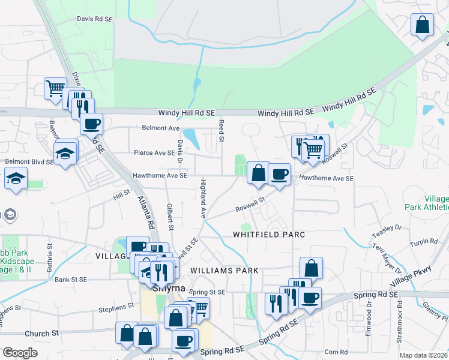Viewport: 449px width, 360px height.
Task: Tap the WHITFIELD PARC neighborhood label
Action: [x=270, y=234]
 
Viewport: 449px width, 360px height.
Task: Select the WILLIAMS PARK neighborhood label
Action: [x=224, y=271]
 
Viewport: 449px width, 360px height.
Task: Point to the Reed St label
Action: [x=221, y=130]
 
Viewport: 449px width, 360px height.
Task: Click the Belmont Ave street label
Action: [x=161, y=128]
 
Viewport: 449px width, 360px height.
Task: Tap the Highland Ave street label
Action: [x=203, y=198]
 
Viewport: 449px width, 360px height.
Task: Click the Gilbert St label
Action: [x=170, y=216]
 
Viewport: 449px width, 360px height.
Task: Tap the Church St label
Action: [x=42, y=333]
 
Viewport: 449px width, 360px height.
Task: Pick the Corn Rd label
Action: [x=336, y=352]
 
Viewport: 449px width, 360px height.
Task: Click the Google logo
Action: [x=20, y=353]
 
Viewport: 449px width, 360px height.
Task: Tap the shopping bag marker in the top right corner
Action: [x=423, y=25]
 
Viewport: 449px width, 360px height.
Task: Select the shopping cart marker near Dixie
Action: [x=55, y=88]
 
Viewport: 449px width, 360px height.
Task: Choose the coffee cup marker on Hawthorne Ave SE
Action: [x=279, y=174]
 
